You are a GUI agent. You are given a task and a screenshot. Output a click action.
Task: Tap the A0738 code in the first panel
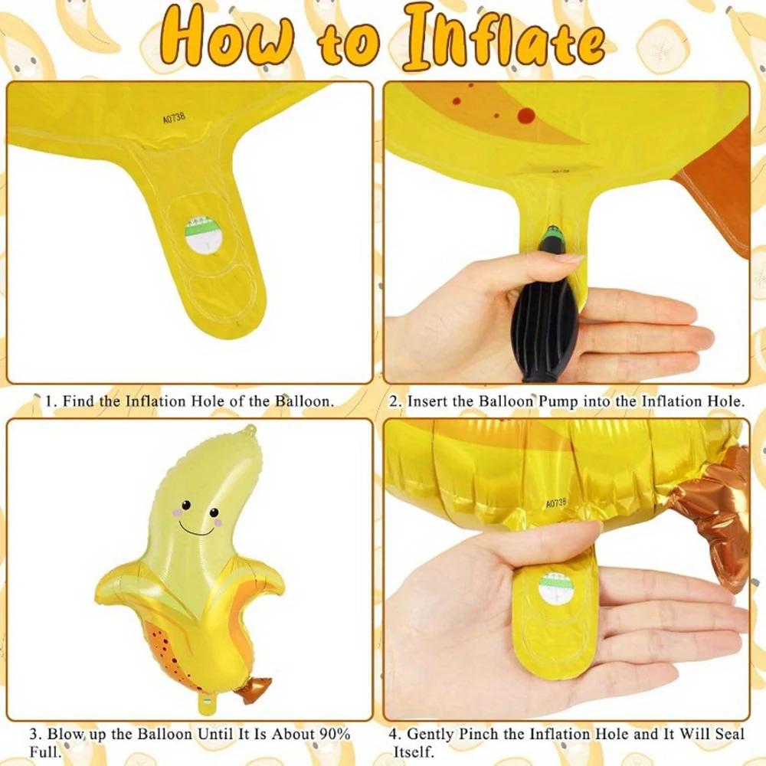point(174,118)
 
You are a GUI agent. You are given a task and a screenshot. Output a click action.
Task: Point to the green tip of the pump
point(554,230)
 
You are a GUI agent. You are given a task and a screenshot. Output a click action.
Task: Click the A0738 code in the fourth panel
point(555,502)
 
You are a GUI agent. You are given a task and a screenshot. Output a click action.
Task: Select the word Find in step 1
point(78,401)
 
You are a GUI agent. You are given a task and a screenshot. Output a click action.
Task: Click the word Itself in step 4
point(414,751)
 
